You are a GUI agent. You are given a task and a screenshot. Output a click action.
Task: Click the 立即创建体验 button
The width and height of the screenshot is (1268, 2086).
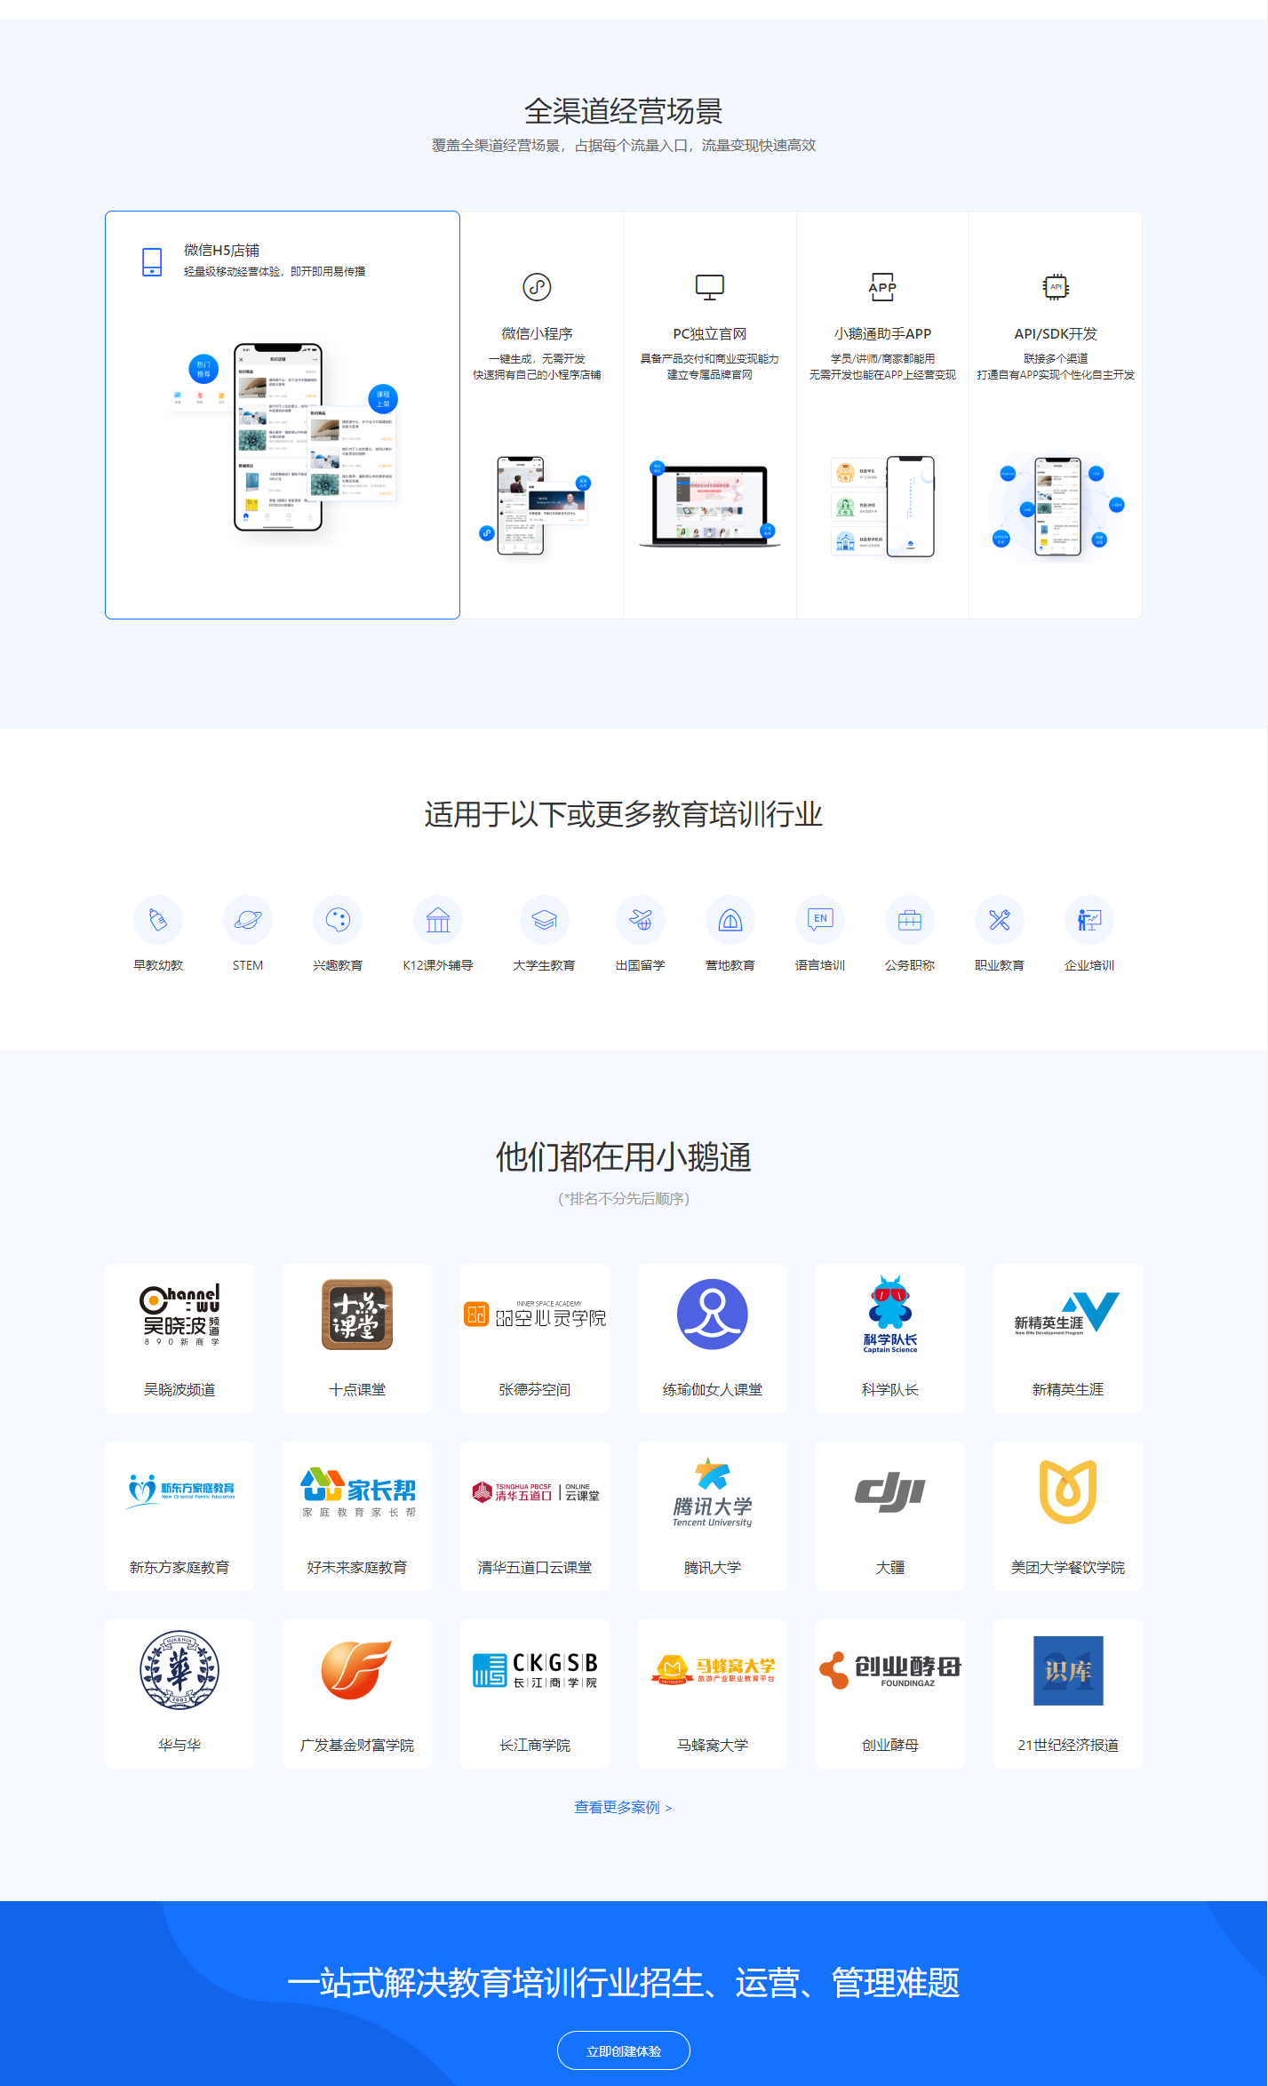(x=623, y=2050)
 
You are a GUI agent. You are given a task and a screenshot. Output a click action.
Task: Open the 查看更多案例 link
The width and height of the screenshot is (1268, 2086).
(x=622, y=1807)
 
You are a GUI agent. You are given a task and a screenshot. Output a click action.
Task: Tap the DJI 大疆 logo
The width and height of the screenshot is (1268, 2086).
(x=889, y=1492)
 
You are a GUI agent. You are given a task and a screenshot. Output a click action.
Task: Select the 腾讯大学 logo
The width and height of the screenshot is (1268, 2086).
(x=712, y=1492)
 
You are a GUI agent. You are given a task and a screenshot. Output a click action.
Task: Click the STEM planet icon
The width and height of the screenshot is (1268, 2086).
(x=248, y=920)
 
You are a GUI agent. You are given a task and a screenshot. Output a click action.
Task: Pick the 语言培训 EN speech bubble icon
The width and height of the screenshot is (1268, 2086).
(x=820, y=919)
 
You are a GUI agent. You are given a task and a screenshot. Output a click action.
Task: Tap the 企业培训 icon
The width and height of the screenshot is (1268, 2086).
(x=1089, y=920)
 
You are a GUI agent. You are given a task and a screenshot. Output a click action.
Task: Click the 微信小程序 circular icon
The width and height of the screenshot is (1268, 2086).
(x=537, y=287)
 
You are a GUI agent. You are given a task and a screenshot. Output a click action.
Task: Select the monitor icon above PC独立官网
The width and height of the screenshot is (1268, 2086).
(x=709, y=287)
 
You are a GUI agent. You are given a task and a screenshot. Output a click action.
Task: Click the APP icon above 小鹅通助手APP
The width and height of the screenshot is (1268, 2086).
(x=882, y=287)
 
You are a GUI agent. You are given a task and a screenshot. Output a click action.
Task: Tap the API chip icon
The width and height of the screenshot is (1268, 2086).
(x=1056, y=287)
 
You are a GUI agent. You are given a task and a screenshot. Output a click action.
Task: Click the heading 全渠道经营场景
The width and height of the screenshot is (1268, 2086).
(x=623, y=111)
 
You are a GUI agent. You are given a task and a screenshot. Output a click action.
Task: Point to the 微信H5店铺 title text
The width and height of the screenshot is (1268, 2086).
(x=221, y=251)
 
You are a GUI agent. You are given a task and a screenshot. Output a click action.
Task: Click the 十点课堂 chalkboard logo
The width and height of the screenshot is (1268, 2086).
(x=356, y=1315)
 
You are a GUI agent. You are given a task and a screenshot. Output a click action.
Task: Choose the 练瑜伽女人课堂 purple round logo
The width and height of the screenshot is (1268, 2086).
(x=712, y=1315)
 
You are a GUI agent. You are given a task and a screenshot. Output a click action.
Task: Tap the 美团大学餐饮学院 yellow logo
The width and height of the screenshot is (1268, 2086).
(x=1067, y=1492)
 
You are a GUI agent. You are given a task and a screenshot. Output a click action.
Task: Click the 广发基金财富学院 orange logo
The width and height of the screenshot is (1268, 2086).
(x=356, y=1670)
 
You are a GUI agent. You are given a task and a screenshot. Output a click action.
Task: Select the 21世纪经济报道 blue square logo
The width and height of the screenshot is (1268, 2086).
(x=1067, y=1670)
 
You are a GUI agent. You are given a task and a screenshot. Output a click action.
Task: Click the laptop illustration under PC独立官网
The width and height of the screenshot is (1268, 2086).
(x=709, y=505)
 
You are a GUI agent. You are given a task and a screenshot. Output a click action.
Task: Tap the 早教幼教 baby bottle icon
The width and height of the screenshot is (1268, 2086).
(x=158, y=920)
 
